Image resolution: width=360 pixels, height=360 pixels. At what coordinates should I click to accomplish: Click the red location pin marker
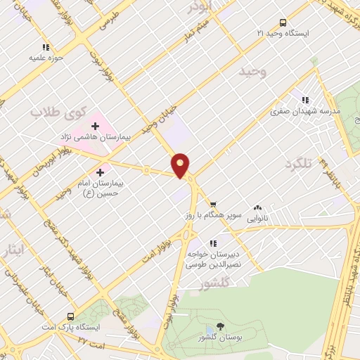pos(181,165)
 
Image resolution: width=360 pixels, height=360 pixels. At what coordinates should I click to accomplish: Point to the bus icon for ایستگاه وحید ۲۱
pos(283,22)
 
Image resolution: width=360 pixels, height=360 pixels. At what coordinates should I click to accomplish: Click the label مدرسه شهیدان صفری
pos(307,111)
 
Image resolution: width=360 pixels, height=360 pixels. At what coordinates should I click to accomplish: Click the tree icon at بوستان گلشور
pos(219,326)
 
